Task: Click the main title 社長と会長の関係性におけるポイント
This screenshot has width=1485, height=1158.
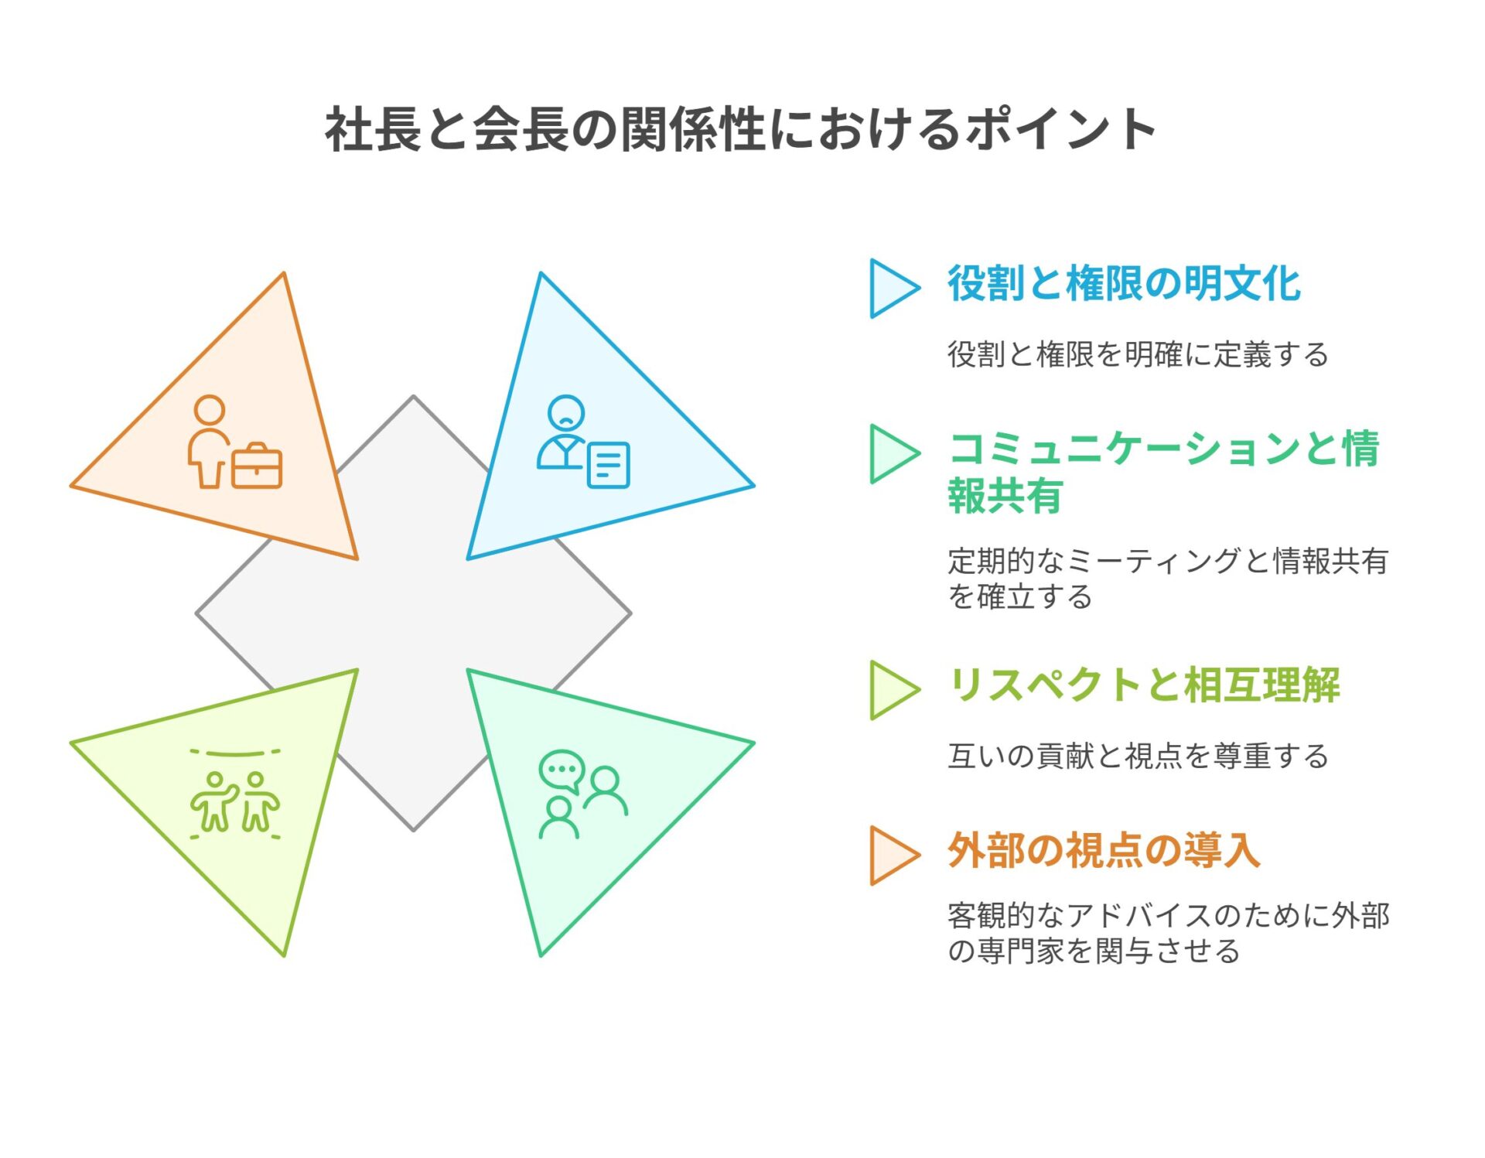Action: pyautogui.click(x=740, y=129)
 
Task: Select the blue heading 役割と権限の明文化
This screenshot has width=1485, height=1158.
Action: pyautogui.click(x=1124, y=283)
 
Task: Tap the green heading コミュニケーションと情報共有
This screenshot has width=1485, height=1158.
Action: pyautogui.click(x=1163, y=472)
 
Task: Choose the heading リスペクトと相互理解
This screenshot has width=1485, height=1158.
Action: pyautogui.click(x=1144, y=685)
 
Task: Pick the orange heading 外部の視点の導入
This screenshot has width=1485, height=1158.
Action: pyautogui.click(x=1104, y=850)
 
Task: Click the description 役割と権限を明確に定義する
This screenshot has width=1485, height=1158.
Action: pyautogui.click(x=1138, y=354)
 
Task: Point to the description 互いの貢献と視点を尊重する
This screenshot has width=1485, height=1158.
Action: pyautogui.click(x=1138, y=756)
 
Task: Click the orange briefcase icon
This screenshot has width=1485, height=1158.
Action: pyautogui.click(x=257, y=466)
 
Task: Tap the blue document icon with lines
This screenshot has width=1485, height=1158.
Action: pyautogui.click(x=609, y=465)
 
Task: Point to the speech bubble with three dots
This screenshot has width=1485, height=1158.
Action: pyautogui.click(x=562, y=770)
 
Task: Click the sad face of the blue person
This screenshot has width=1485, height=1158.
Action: pyautogui.click(x=566, y=412)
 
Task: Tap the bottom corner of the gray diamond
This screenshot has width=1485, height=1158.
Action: pyautogui.click(x=414, y=831)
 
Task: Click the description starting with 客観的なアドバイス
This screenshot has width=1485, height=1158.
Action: pyautogui.click(x=1169, y=933)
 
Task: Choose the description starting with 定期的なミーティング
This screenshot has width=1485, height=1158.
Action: pyautogui.click(x=1168, y=579)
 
